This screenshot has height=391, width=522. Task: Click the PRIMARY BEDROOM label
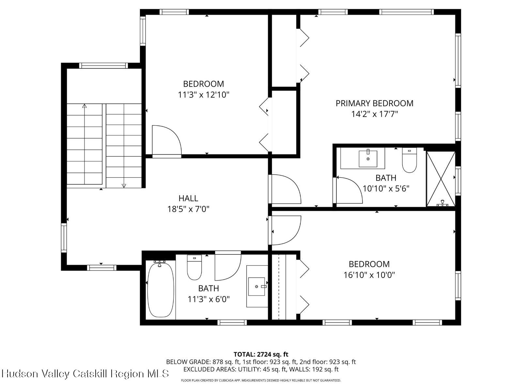(374, 103)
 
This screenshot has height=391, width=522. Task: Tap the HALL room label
(188, 198)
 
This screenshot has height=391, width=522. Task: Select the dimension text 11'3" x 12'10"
(204, 95)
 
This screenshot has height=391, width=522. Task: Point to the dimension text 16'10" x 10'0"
(369, 275)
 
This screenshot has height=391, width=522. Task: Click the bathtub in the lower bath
(160, 290)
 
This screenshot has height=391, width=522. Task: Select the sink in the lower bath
(257, 286)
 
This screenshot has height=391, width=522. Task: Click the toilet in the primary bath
(409, 160)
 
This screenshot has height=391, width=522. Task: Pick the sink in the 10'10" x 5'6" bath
(368, 158)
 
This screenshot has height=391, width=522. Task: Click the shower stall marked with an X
(441, 179)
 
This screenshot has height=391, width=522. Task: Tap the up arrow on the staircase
(84, 106)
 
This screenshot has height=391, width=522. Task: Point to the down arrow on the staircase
(124, 185)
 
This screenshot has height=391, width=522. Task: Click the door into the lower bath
(227, 266)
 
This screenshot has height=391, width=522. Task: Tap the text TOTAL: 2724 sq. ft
(261, 354)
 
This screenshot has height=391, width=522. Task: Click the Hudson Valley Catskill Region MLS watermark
(85, 373)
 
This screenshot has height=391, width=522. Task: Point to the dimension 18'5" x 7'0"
(188, 209)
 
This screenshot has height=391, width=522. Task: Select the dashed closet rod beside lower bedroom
(279, 287)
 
